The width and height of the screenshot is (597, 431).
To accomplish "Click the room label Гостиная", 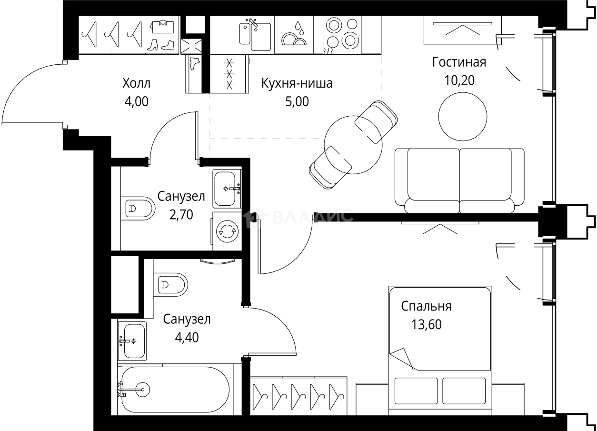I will (459, 63).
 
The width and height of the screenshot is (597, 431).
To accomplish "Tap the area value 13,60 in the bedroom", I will (427, 325).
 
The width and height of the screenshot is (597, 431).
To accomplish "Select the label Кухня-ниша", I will (297, 84).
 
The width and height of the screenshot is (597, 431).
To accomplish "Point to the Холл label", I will (136, 84).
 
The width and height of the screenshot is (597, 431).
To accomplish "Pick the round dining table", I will (353, 145).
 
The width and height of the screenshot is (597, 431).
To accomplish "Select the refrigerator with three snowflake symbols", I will (229, 73).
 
